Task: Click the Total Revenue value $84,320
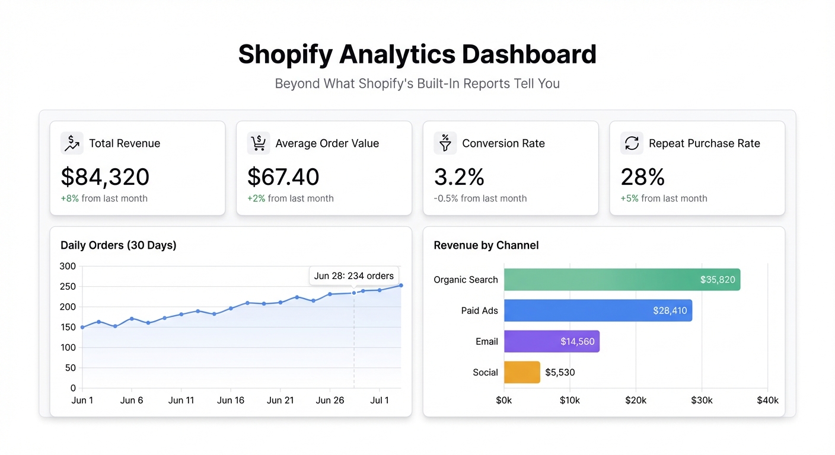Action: click(105, 177)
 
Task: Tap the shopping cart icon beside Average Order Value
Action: click(258, 143)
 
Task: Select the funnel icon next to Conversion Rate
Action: click(445, 143)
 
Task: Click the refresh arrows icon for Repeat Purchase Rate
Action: click(632, 143)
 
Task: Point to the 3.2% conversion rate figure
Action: click(459, 177)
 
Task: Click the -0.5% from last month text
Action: click(480, 198)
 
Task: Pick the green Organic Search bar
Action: click(622, 280)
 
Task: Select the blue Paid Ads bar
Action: click(598, 310)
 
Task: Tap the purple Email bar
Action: click(552, 341)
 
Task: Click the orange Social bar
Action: click(522, 373)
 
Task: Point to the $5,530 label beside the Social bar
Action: click(560, 373)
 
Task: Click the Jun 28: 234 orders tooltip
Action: click(354, 276)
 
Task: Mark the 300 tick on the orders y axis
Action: click(68, 266)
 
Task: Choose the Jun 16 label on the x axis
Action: click(231, 400)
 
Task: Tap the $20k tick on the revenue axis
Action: click(636, 400)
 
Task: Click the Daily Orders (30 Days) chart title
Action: click(119, 245)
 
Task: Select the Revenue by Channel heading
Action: click(486, 245)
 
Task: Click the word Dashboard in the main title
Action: click(529, 55)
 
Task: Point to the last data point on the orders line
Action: click(401, 286)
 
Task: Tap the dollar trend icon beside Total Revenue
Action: click(72, 143)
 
